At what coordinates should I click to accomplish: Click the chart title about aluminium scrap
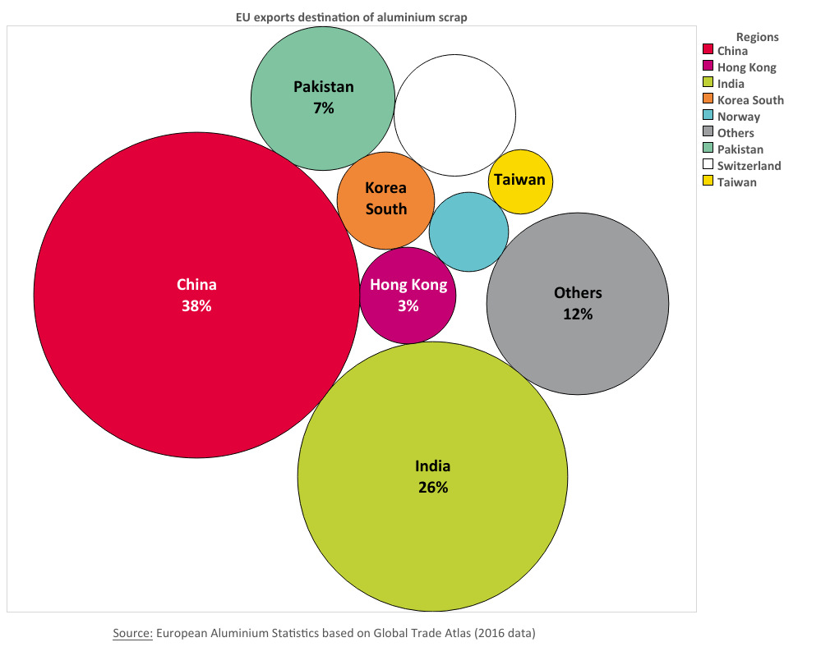351,17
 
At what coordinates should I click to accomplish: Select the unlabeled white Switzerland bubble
454,115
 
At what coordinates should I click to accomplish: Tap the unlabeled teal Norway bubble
468,232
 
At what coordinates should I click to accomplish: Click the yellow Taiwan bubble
520,181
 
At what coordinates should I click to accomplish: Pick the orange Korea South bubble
385,200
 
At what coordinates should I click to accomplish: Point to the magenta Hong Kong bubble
408,296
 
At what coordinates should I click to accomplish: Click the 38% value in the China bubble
196,306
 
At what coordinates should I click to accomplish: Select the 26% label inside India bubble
432,487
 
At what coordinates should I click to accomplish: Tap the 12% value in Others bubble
578,314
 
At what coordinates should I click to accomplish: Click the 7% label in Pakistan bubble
323,108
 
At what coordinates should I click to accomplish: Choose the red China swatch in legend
707,51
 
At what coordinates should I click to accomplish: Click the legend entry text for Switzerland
749,166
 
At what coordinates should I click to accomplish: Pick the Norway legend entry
738,117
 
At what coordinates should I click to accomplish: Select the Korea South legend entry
750,100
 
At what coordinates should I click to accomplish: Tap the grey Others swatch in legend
707,133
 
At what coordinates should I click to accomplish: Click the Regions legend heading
757,37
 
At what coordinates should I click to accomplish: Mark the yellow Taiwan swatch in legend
707,182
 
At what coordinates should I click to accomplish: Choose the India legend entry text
731,84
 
